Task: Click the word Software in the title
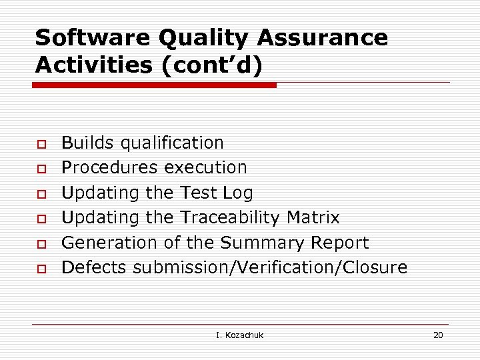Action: (93, 38)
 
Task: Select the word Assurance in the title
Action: (323, 38)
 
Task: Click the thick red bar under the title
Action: (155, 85)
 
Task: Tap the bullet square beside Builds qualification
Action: (41, 143)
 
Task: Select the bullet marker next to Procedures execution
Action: (41, 168)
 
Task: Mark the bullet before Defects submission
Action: (41, 268)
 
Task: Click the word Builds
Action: (87, 143)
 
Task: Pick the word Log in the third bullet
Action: (238, 193)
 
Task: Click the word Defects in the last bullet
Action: (95, 267)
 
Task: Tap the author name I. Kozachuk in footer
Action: (240, 335)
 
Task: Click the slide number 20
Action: (437, 335)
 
